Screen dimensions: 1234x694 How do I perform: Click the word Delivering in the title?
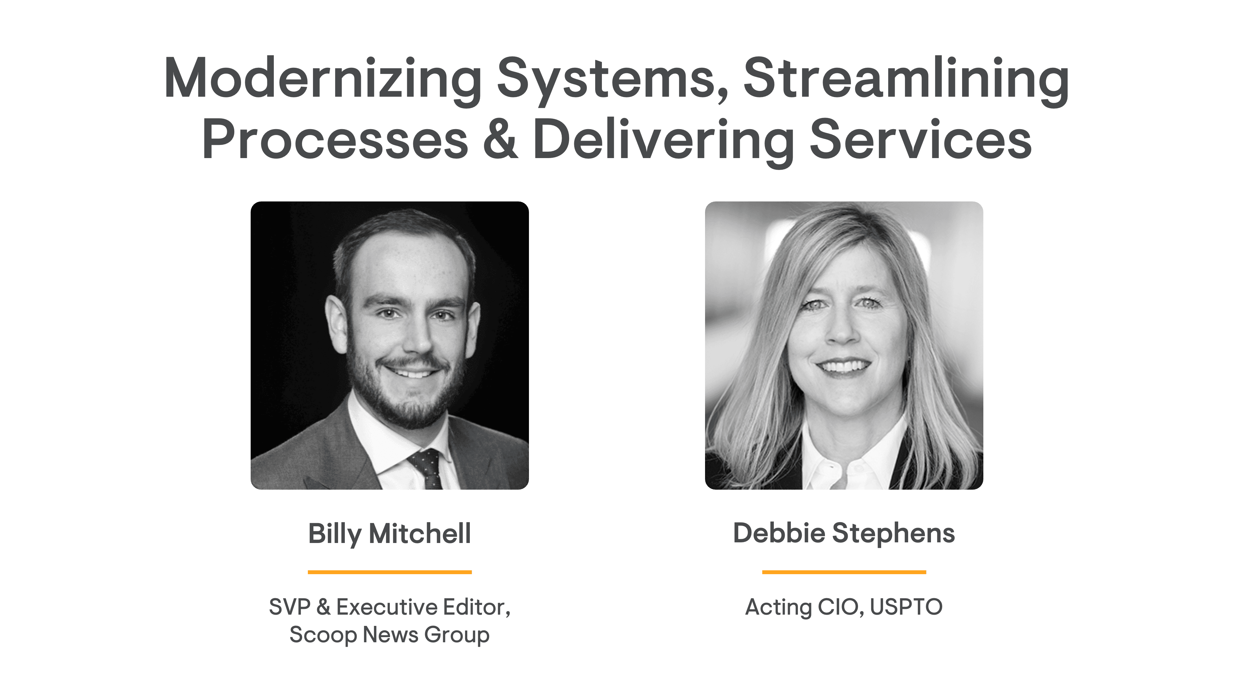coord(664,141)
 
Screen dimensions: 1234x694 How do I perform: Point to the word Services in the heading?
coord(920,139)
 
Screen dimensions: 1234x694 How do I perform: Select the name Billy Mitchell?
coord(389,534)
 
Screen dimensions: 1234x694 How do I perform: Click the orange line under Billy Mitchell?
coord(389,572)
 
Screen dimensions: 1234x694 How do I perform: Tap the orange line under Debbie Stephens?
coord(844,572)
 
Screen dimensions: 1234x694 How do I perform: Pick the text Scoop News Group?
coord(389,635)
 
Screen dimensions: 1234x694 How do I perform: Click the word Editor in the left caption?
coord(476,607)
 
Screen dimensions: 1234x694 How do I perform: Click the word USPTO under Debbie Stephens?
coord(906,607)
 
